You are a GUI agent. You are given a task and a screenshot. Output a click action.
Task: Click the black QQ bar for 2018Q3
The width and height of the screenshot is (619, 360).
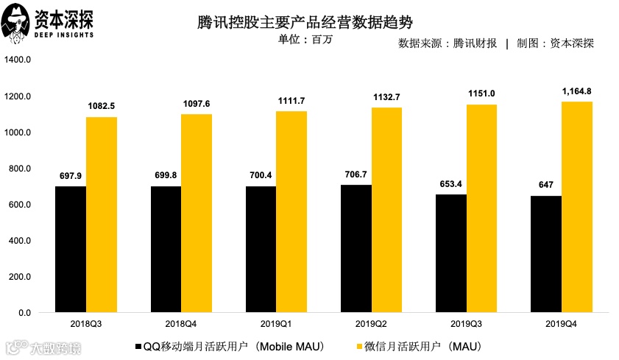[x=70, y=250]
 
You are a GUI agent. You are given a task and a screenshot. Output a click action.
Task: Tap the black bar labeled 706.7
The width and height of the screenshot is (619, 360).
[x=356, y=249]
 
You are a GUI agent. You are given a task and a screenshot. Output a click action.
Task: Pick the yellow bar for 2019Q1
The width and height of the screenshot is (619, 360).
[x=291, y=212]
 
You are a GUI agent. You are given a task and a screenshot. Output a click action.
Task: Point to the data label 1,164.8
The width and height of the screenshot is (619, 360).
[x=576, y=91]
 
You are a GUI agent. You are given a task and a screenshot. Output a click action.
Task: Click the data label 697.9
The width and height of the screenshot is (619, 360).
[x=70, y=177]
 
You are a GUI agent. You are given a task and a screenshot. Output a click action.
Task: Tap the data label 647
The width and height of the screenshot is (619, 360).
[x=545, y=186]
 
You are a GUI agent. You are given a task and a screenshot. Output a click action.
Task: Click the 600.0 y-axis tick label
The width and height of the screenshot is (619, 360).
[x=19, y=205]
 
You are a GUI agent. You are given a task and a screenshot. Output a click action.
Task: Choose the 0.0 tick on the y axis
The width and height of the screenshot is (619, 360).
[x=24, y=313]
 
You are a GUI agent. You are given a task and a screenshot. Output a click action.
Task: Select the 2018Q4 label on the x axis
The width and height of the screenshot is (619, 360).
[x=180, y=325]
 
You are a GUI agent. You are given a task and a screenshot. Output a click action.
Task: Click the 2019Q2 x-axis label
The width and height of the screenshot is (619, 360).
[x=371, y=325]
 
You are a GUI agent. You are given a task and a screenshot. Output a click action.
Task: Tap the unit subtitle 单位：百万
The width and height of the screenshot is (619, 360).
[x=305, y=40]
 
